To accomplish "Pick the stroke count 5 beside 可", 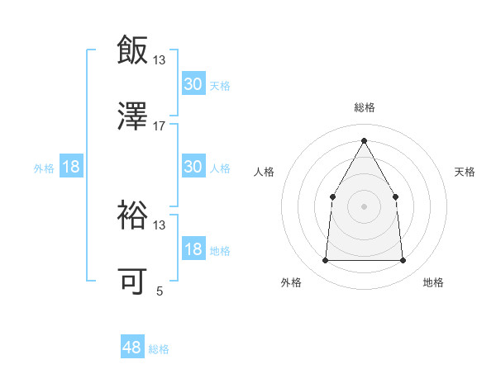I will tap(160, 291).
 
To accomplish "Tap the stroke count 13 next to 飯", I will tap(160, 59).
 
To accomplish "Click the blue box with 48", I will tap(132, 348).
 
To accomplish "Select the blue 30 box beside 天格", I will tap(193, 84).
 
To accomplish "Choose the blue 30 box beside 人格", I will tap(193, 167).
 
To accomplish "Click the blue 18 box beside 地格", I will tap(193, 249).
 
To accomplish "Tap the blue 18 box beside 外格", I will tap(71, 167).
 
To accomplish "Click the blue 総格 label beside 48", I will tap(159, 349).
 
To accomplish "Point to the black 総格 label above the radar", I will tap(364, 107).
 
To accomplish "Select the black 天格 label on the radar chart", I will tap(465, 172).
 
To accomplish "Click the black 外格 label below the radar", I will tap(291, 282).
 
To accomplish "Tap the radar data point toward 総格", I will tap(364, 140).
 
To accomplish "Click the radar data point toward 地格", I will tap(403, 260).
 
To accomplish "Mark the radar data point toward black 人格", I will tap(332, 196).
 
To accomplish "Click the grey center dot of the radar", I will tap(364, 206).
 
